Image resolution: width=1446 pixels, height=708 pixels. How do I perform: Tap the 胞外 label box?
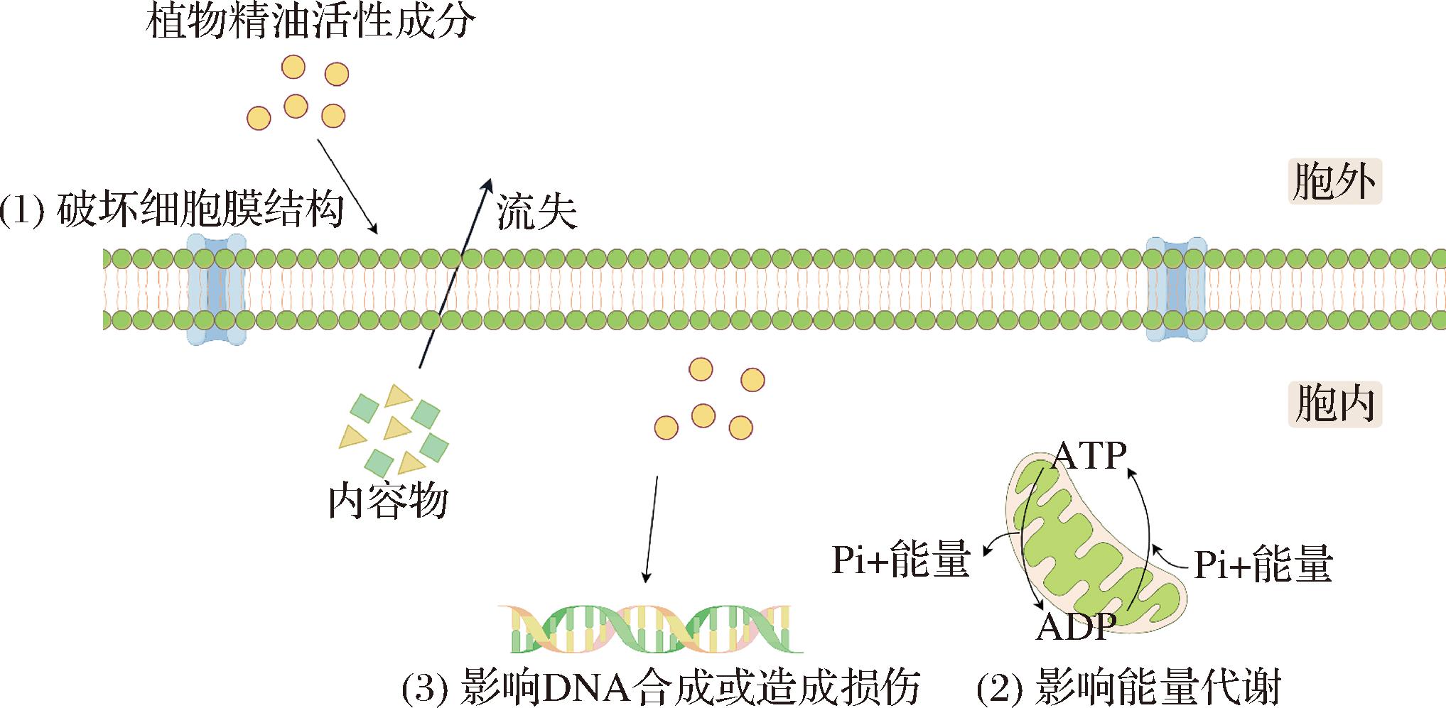(1334, 182)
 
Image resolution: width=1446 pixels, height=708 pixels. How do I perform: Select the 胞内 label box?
(1334, 404)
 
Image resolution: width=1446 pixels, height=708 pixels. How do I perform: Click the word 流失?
(536, 211)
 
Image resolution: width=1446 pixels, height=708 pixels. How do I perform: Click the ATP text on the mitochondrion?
(1089, 456)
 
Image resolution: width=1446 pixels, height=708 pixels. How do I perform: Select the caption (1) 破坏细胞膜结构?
(172, 211)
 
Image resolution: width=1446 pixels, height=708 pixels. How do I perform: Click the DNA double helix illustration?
(650, 628)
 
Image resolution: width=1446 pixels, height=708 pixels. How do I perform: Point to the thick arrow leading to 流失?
(455, 273)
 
